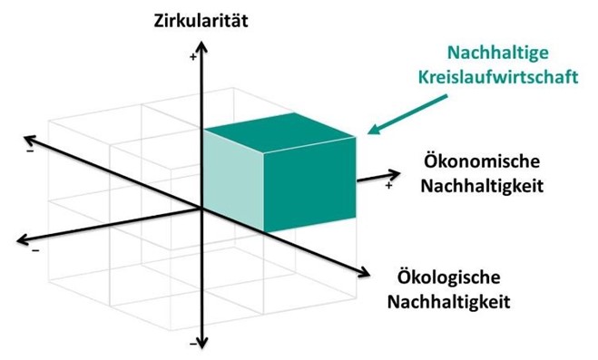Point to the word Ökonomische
(x=482, y=163)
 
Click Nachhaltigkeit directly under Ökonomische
(x=482, y=186)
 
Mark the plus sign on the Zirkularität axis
(x=192, y=57)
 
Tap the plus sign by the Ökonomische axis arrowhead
(x=389, y=186)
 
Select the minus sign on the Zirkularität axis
(x=192, y=345)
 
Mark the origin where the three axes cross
(x=201, y=208)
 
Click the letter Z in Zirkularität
(x=160, y=17)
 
